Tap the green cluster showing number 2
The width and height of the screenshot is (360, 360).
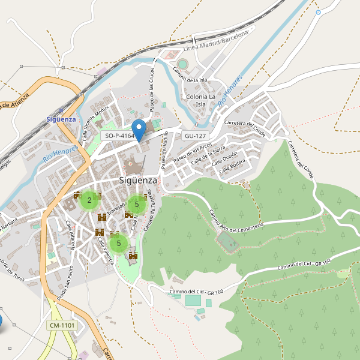tap(89, 200)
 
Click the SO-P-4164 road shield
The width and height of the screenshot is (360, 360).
tap(119, 136)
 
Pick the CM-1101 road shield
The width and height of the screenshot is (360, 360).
tap(62, 325)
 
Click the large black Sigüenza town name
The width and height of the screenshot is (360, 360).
tap(137, 180)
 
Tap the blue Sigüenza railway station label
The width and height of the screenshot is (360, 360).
tap(61, 119)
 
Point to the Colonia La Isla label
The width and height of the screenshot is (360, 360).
tap(201, 100)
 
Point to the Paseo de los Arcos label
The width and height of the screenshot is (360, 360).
tap(192, 154)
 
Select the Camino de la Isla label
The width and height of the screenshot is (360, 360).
tap(190, 76)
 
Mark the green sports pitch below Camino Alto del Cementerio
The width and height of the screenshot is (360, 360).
tap(227, 242)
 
